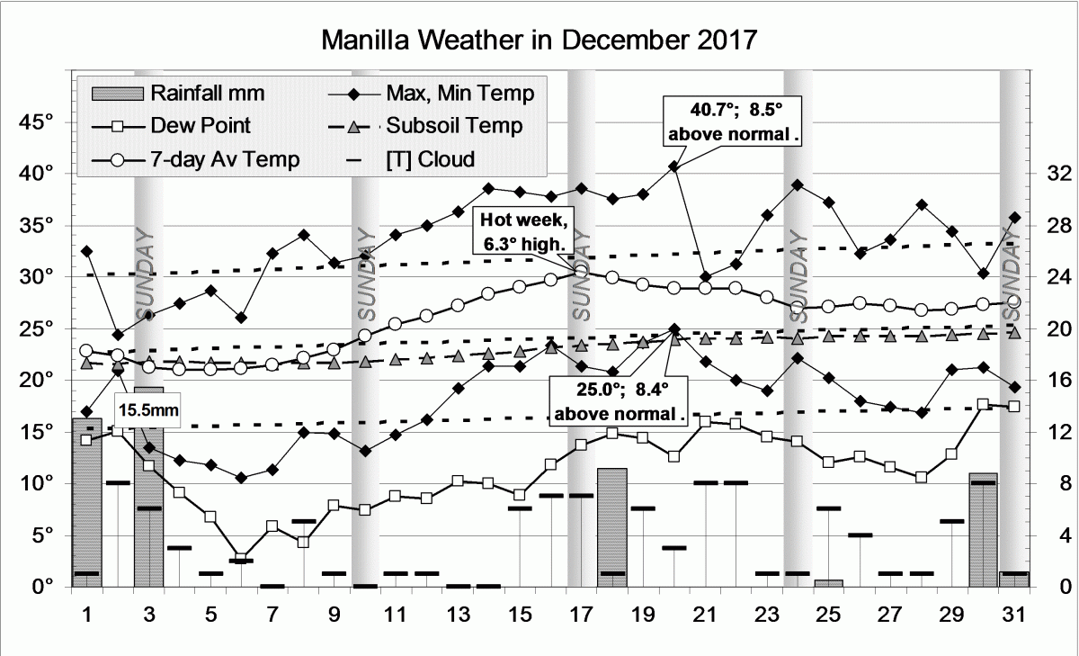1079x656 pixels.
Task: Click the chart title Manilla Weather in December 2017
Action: coord(539,40)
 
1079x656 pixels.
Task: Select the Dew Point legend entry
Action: coord(201,126)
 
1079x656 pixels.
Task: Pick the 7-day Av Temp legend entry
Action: coord(226,160)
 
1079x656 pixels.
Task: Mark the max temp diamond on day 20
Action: coord(674,166)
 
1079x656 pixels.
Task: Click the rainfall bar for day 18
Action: coord(612,526)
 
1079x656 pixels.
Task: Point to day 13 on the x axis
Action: coord(459,616)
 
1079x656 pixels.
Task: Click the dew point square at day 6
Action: coord(241,558)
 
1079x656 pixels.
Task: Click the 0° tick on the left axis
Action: coord(40,587)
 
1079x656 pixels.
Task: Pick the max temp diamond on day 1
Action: coord(86,251)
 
